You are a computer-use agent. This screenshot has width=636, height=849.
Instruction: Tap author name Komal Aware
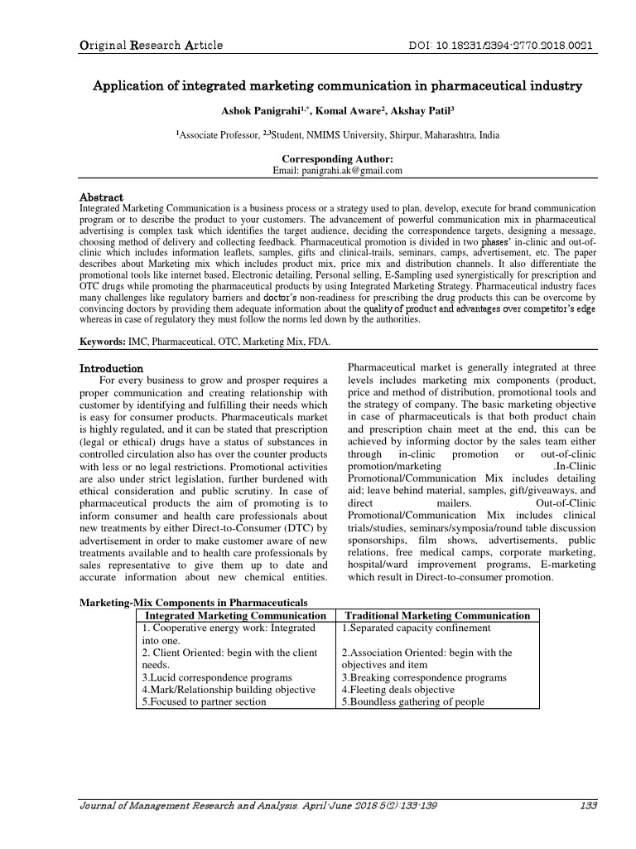338,110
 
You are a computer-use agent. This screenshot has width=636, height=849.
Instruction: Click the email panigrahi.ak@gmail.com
337,170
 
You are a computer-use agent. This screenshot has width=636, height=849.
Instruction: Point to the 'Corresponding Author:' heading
337,158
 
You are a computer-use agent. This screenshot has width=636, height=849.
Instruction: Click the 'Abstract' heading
101,197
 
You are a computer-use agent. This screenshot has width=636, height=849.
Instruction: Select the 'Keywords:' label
103,341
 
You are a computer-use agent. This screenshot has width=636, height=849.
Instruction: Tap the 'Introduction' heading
111,367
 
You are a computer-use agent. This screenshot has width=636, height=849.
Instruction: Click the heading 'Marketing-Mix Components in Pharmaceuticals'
192,602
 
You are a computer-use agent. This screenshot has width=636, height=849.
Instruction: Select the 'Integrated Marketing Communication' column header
235,615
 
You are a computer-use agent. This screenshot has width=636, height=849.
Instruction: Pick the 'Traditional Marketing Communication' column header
436,615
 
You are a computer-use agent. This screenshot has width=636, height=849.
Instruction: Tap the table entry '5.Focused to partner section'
204,701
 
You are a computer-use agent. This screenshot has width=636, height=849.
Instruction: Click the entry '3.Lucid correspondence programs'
217,677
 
